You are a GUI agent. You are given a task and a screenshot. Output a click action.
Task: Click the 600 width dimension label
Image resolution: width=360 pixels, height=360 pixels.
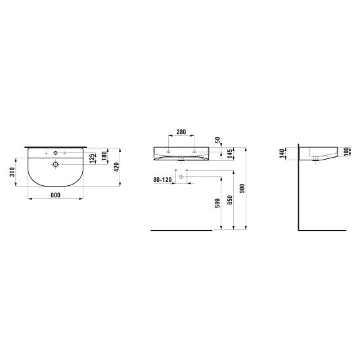pos(55,195)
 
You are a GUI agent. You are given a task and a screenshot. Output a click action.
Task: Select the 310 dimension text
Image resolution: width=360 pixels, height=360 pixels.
pos(12,172)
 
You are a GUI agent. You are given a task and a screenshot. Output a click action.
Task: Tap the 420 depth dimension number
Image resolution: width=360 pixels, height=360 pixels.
pos(117,167)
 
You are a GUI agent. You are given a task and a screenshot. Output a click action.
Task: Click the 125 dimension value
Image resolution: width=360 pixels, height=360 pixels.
pos(91,158)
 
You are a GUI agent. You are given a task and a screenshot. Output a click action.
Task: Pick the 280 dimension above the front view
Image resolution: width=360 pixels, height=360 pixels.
pos(181,132)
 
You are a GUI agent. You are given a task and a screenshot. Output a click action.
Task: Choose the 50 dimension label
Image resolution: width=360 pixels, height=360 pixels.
pos(217,140)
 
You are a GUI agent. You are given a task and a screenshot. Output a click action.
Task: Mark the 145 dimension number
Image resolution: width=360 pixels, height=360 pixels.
pos(230,154)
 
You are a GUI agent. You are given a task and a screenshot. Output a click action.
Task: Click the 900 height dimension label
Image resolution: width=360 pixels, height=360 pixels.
pos(242,189)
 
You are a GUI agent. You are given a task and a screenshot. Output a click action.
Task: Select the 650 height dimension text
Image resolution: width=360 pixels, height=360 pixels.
pos(230,200)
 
